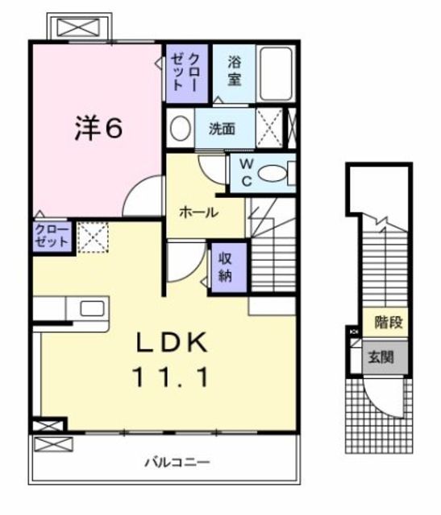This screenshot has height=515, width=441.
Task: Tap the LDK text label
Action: (x=176, y=344)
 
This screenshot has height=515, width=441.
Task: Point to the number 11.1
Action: (x=176, y=376)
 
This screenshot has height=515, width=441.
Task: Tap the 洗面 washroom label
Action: (x=223, y=129)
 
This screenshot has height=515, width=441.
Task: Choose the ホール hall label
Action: (x=197, y=212)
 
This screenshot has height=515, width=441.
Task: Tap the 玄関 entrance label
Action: (x=382, y=356)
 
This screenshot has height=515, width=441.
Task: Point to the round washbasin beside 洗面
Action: (x=181, y=128)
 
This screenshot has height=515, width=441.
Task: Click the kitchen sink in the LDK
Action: (x=91, y=307)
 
